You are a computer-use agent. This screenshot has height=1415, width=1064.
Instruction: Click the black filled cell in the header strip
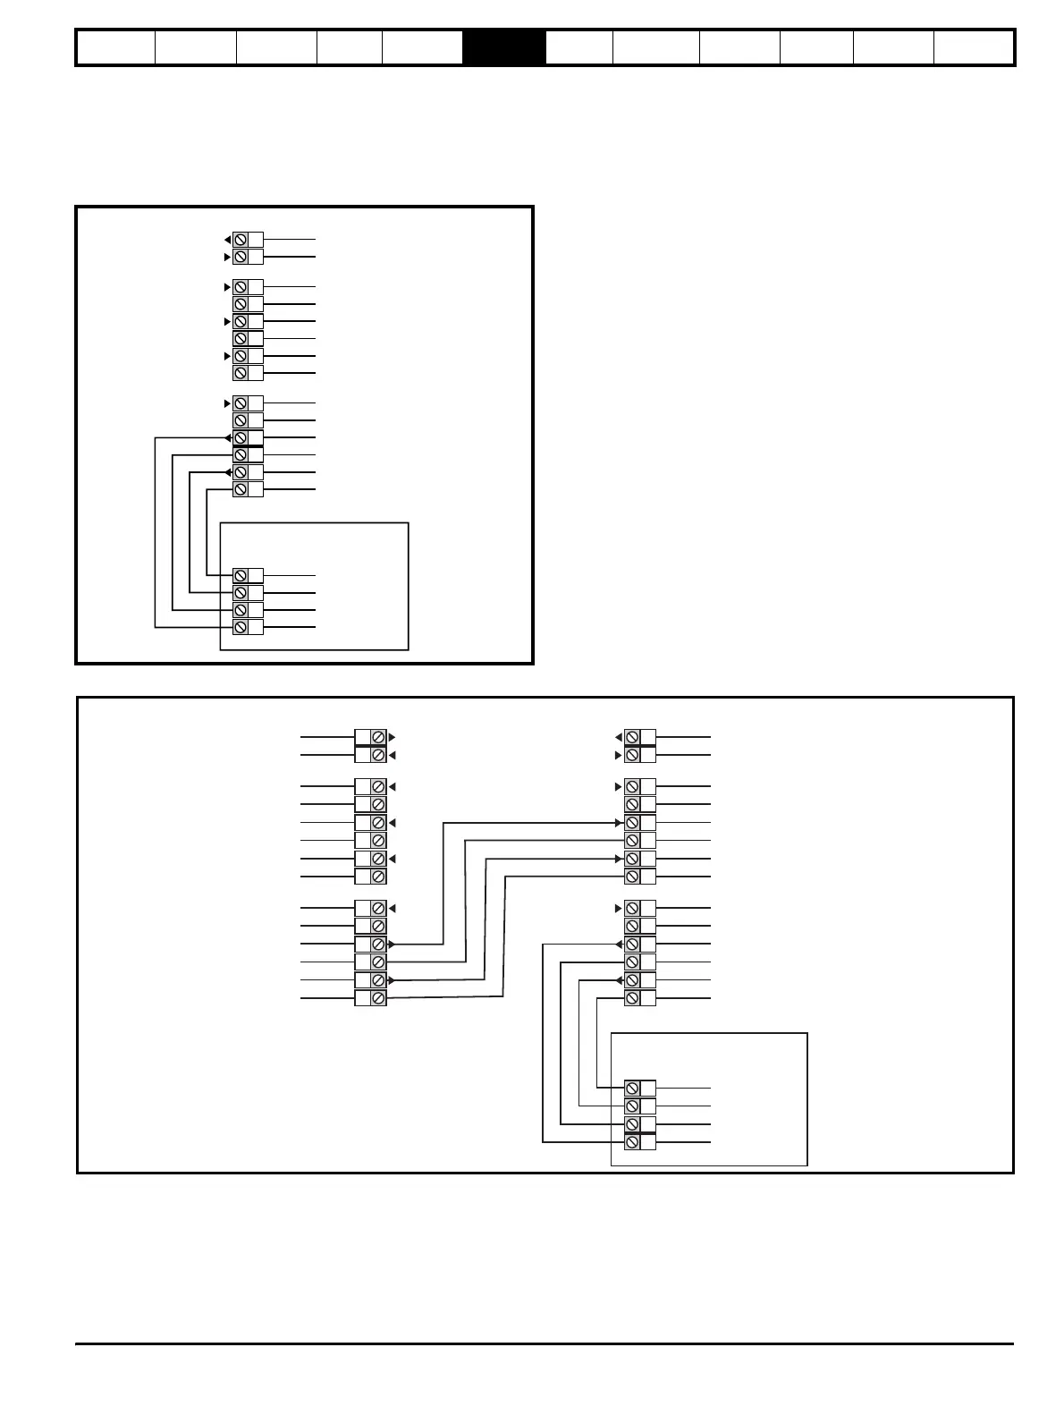click(x=503, y=47)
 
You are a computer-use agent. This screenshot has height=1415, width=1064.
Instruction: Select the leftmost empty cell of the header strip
click(x=115, y=47)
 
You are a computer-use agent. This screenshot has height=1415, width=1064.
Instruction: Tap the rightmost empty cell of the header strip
click(x=973, y=47)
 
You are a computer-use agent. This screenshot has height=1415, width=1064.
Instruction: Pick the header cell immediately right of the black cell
click(x=578, y=47)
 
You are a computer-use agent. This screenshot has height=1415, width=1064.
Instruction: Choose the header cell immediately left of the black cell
click(x=422, y=47)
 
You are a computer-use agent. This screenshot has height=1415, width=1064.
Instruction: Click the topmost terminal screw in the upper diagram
click(x=241, y=240)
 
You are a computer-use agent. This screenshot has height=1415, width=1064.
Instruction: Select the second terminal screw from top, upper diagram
click(x=241, y=257)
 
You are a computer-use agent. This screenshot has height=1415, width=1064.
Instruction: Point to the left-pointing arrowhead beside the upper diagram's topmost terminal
click(x=227, y=240)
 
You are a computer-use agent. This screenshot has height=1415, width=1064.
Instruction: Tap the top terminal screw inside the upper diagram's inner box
click(x=241, y=575)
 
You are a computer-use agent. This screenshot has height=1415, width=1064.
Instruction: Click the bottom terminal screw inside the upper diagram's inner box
click(x=241, y=627)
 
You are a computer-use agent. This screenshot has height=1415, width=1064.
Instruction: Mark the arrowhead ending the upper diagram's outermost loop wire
click(x=228, y=438)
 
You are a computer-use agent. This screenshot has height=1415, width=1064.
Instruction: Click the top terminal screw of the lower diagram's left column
click(x=378, y=737)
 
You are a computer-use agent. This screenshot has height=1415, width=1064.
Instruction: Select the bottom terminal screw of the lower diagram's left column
click(x=378, y=998)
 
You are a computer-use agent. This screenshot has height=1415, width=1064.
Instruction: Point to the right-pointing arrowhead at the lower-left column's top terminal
click(x=393, y=737)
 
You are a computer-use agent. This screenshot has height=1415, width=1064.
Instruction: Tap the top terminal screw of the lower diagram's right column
click(x=632, y=737)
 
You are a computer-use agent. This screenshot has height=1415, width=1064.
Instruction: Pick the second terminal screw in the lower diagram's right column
click(x=632, y=755)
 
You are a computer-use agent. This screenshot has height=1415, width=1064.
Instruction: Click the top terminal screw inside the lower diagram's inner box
click(x=632, y=1089)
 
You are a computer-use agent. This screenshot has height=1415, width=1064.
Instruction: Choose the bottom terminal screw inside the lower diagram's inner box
click(x=632, y=1142)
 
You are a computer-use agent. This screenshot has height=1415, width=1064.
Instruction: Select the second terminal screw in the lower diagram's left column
click(x=378, y=755)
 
